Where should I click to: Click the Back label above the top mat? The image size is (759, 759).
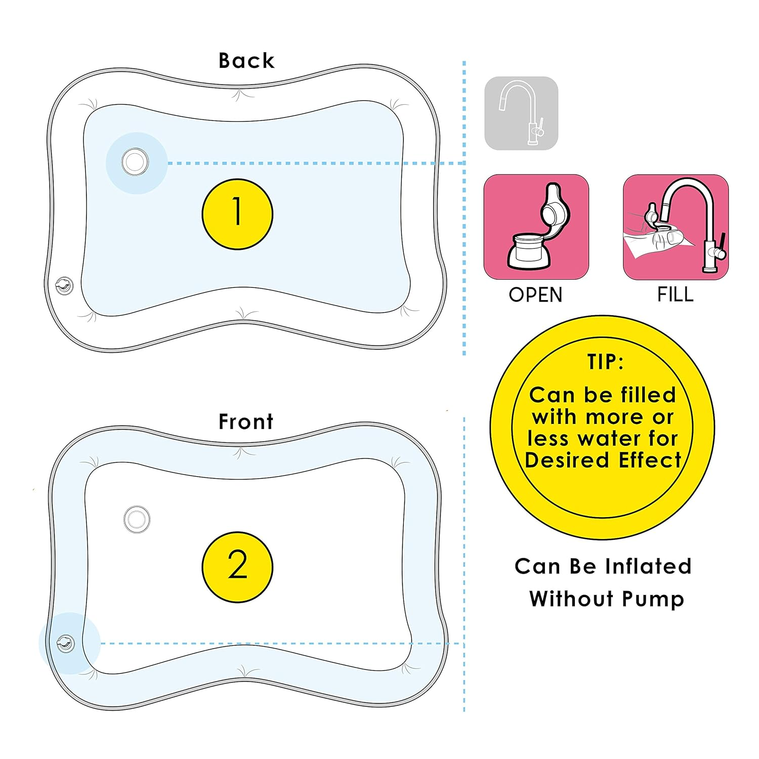(246, 61)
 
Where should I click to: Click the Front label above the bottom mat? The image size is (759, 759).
(246, 421)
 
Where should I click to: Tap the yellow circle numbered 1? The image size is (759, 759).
(237, 214)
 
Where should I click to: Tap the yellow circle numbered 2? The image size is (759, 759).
(237, 567)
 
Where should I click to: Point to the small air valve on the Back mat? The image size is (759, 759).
(64, 286)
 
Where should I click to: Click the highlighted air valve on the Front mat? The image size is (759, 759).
(66, 644)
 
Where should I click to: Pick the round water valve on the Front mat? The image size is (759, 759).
(137, 519)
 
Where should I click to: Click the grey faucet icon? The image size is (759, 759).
(521, 113)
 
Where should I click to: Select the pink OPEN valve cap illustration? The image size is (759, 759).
(536, 227)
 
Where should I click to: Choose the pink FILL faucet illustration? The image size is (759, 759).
(676, 227)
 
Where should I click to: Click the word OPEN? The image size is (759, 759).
(535, 295)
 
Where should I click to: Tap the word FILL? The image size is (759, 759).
(675, 294)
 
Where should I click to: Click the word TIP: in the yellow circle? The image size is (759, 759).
(605, 362)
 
